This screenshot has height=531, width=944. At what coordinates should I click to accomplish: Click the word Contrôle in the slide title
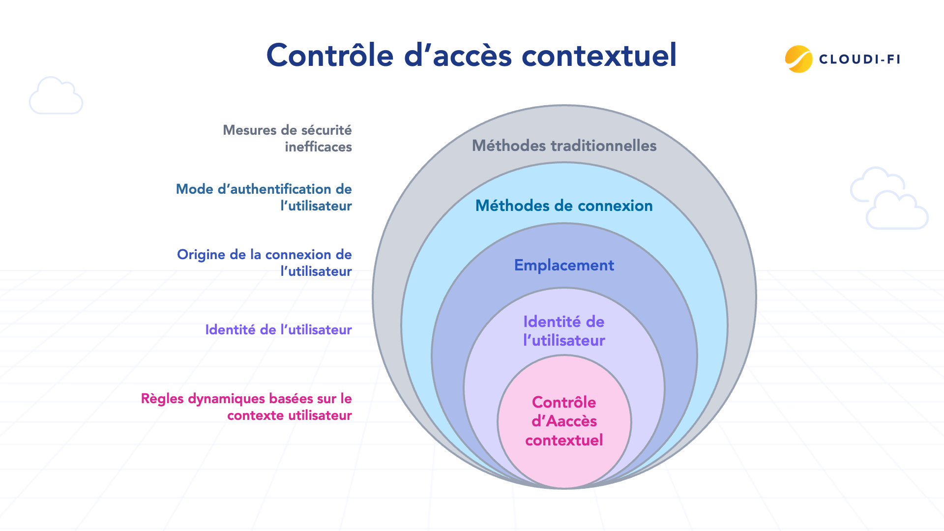point(330,55)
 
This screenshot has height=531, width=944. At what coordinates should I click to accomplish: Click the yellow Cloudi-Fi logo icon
point(798,59)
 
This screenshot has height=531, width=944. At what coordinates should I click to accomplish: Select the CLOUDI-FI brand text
point(859,59)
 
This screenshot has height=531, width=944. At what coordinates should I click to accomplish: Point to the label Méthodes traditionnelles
point(564,146)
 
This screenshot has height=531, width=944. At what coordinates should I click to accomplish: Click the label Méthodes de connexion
point(564,206)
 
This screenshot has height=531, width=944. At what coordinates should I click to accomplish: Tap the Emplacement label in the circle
point(564,265)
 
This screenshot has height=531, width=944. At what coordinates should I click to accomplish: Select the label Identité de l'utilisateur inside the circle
point(564,331)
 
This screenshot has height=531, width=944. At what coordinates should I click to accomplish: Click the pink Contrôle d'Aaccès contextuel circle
point(564,421)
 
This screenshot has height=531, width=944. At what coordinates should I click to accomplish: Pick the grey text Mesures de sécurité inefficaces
point(288,138)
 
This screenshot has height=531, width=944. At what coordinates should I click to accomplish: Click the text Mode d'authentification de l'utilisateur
point(264,197)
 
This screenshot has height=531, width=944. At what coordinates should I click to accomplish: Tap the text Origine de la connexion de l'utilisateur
point(265,263)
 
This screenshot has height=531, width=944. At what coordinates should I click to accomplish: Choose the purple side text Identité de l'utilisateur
point(278,329)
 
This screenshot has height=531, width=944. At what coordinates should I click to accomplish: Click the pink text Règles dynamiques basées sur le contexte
point(246,407)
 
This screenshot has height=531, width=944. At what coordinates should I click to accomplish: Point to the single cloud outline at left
point(56,96)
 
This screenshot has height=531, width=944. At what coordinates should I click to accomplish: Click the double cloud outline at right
point(889,199)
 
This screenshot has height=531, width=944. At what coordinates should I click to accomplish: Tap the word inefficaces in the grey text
point(318,147)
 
